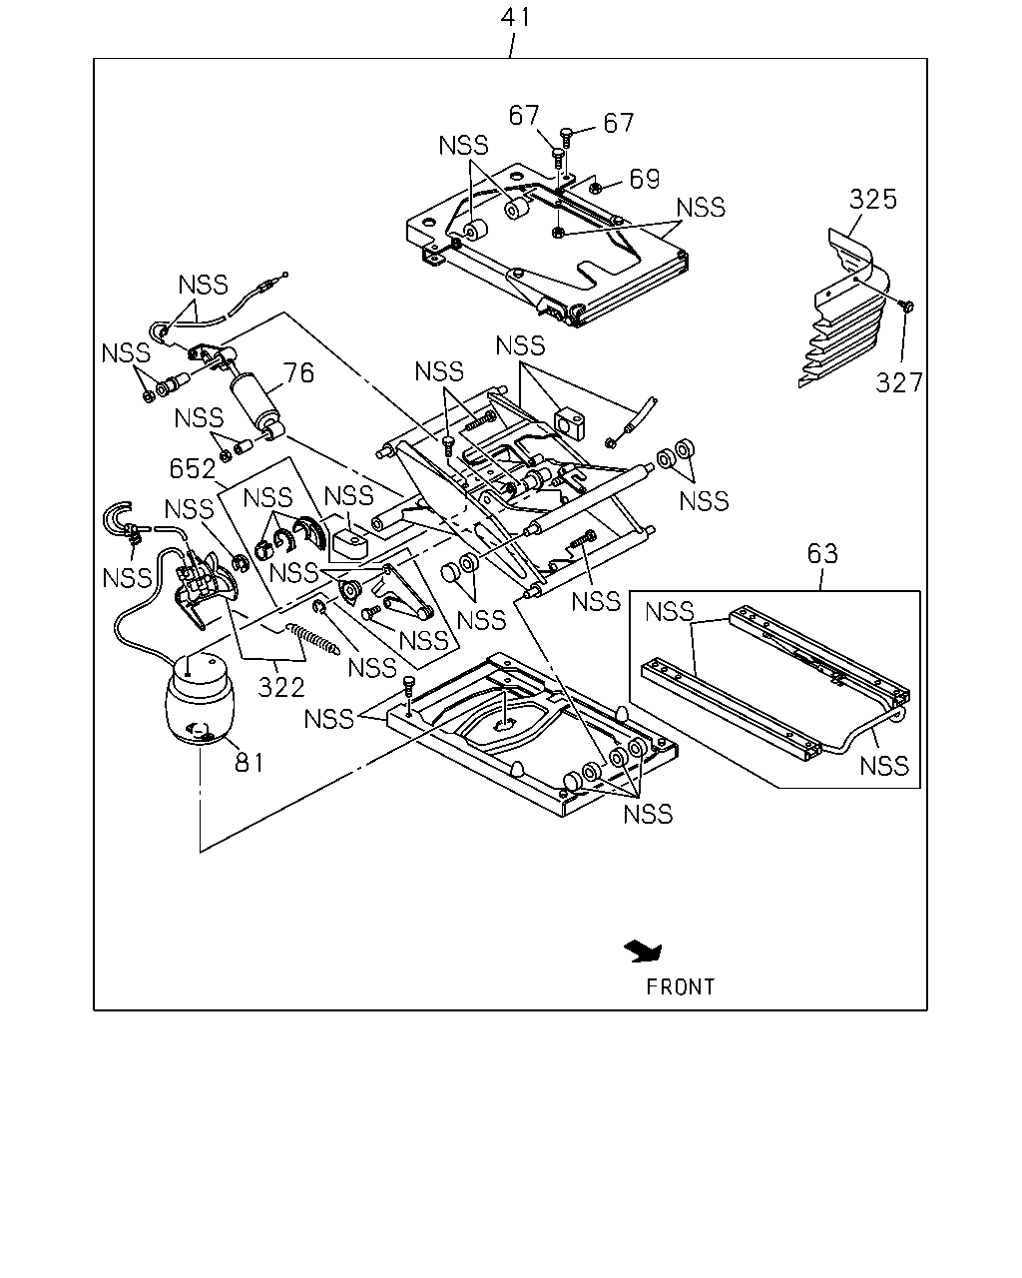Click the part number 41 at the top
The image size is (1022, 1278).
515,18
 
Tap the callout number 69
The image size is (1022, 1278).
644,178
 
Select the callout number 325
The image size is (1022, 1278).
872,199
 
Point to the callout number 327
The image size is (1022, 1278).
899,382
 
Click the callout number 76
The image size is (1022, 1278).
298,373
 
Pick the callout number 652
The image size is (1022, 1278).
193,468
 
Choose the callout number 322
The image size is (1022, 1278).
280,687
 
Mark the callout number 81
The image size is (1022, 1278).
249,762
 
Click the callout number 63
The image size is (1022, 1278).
822,553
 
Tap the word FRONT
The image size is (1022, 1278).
681,987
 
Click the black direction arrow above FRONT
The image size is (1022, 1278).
644,952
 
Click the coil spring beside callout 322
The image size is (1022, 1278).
313,638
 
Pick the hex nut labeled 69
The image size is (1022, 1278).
597,189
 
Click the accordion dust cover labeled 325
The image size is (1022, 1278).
843,309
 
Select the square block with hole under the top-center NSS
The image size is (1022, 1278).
569,422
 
